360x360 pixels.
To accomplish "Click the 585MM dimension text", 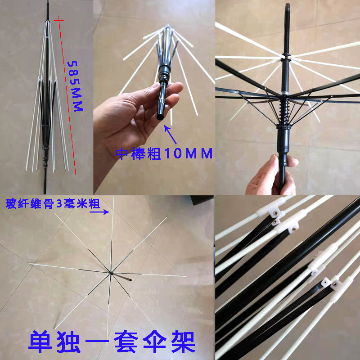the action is click(x=75, y=86).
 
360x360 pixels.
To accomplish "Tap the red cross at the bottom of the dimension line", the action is click(x=76, y=170).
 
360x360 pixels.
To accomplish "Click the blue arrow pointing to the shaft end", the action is click(x=170, y=134).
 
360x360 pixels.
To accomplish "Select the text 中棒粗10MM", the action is click(x=164, y=153).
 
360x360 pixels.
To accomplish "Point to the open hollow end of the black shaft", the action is click(x=160, y=117).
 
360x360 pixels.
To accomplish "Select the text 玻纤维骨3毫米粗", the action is click(x=53, y=204).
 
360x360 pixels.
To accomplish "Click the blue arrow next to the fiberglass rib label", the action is click(x=99, y=211).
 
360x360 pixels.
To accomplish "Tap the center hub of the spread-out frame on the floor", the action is click(x=111, y=273).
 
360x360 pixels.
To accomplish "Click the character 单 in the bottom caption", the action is click(x=40, y=342).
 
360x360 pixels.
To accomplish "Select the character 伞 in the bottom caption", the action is click(x=154, y=342).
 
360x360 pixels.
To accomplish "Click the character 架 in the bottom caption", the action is click(x=183, y=342).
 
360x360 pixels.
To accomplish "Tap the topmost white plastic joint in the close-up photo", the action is click(x=271, y=208).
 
